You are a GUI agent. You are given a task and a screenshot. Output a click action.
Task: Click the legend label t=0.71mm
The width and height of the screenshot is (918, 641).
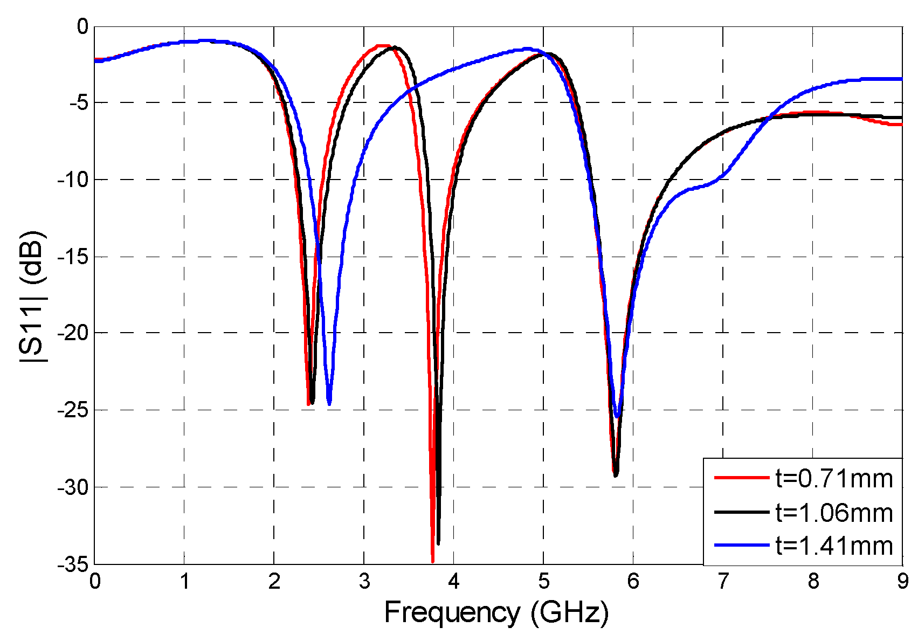[x=834, y=478]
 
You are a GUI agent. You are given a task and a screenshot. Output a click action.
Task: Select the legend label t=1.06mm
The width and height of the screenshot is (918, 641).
[x=834, y=512]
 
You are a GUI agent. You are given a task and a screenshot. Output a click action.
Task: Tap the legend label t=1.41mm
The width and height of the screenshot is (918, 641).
[x=834, y=546]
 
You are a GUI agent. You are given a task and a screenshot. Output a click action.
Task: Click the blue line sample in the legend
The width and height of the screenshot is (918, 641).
[x=741, y=546]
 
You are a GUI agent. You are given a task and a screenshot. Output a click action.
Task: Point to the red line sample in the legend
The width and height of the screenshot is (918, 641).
[x=741, y=478]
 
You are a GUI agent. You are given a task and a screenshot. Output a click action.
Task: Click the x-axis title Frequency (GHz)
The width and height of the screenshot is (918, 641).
[x=496, y=612]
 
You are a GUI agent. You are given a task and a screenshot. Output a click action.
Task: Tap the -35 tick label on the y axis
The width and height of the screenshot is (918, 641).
[x=72, y=564]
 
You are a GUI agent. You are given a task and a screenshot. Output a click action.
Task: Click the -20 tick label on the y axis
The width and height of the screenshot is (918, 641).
[x=72, y=333]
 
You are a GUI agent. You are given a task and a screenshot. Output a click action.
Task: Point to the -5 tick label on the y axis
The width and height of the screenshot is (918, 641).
[x=77, y=102]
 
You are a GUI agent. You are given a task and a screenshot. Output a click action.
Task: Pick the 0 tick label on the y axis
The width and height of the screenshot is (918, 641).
[x=82, y=26]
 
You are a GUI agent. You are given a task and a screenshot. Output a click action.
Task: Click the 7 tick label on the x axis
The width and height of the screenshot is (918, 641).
[x=723, y=581]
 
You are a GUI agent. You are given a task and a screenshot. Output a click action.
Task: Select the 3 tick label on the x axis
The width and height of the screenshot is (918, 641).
[x=364, y=581]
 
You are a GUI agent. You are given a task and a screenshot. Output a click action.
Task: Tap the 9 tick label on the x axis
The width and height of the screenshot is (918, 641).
[x=902, y=581]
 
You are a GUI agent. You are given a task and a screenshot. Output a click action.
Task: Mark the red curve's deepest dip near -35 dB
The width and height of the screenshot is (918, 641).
[x=432, y=561]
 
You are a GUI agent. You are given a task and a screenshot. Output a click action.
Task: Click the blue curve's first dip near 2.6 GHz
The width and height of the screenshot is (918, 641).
[x=329, y=403]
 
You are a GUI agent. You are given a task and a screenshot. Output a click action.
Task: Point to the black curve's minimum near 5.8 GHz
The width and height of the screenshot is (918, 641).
[x=615, y=474]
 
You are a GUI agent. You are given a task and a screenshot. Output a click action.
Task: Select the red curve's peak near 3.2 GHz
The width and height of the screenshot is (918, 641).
[x=382, y=46]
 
